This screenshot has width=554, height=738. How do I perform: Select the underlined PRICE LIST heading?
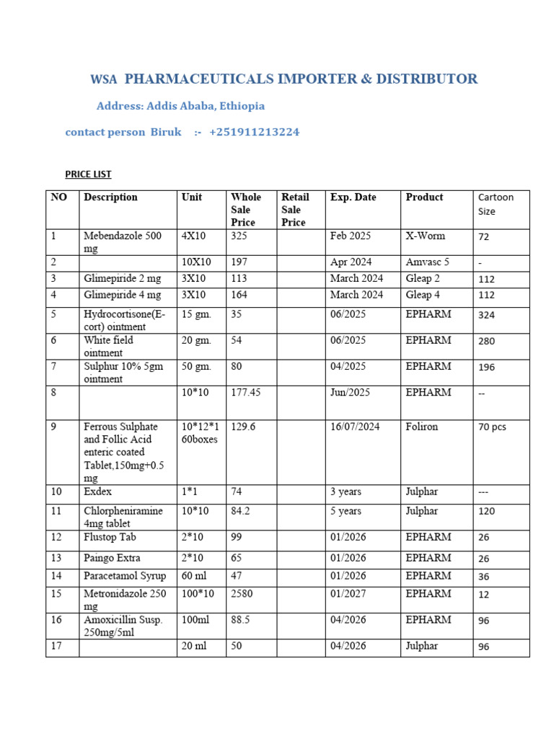(88, 174)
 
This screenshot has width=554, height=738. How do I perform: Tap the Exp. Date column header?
(353, 197)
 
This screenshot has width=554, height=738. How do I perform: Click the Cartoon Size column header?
(497, 204)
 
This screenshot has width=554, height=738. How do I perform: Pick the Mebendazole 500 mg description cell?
(123, 242)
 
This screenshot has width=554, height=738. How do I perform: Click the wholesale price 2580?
(243, 593)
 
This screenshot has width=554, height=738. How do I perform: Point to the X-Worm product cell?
(426, 236)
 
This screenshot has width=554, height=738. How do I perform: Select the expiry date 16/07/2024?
(355, 426)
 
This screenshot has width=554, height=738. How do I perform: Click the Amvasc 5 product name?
(428, 262)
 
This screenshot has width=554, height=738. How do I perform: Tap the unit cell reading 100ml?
(195, 619)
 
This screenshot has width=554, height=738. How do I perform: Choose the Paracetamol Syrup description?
(125, 575)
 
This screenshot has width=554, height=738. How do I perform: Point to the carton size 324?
(487, 315)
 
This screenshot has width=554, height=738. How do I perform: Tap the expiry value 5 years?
(346, 511)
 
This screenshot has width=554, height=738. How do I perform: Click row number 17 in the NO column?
(56, 646)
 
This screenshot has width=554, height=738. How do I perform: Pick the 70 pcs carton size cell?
(492, 427)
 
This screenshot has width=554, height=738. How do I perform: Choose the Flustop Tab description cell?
(110, 537)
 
